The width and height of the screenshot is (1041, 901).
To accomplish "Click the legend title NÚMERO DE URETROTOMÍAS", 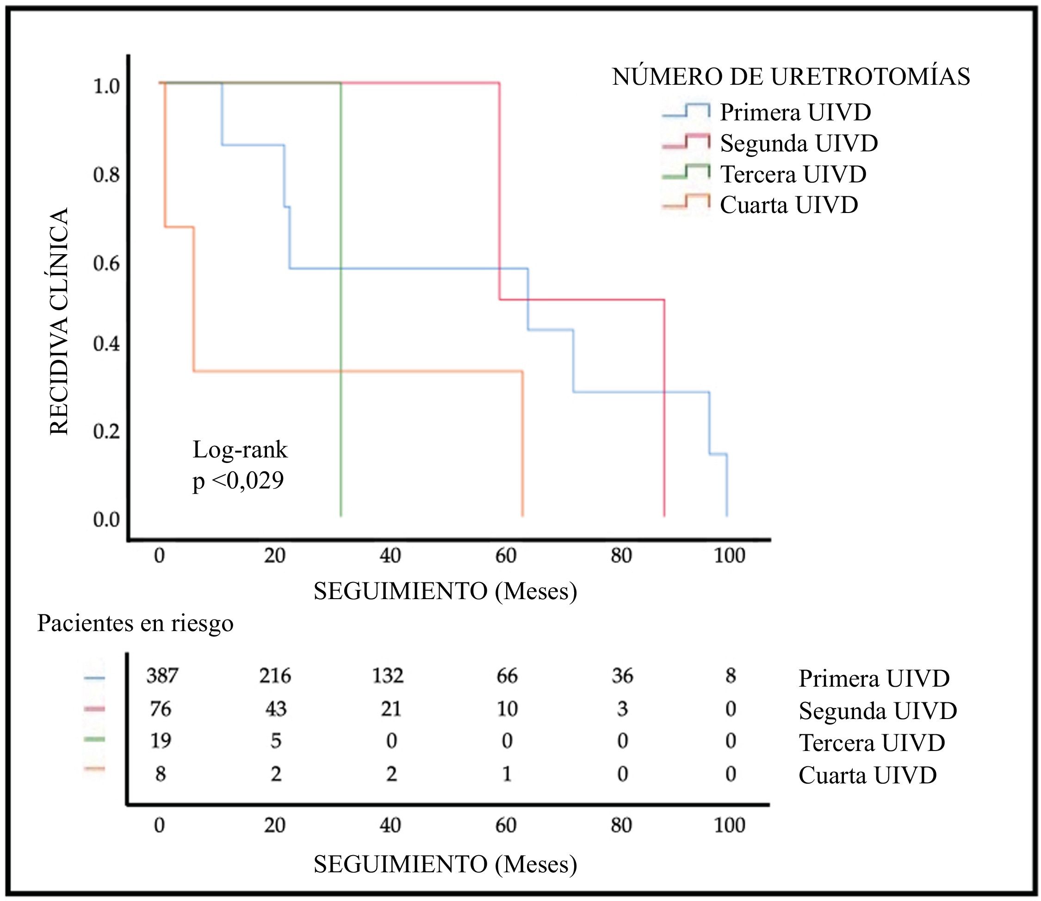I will tap(791, 77).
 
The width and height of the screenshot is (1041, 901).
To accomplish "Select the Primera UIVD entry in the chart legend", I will tap(795, 112).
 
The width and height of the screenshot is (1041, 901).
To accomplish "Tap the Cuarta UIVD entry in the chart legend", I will tap(789, 205).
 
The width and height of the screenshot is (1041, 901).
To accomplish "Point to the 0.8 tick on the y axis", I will tap(106, 175).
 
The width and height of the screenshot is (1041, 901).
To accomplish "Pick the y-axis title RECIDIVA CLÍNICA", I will tap(59, 322).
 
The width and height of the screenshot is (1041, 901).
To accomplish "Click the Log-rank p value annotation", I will tap(240, 465).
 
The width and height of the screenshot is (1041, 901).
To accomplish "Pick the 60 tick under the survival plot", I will tap(506, 556).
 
